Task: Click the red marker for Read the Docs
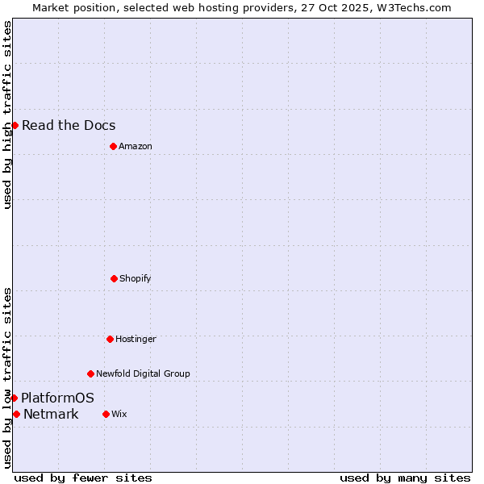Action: coord(15,125)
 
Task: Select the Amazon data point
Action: coord(113,146)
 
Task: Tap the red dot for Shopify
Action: coord(114,278)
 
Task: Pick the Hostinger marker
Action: coord(110,339)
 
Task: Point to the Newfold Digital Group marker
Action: coord(90,373)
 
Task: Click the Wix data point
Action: coord(106,414)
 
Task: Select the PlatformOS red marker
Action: coord(14,398)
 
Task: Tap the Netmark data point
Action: coord(16,414)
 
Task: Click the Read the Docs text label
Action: coord(69,125)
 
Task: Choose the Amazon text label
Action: coord(136,146)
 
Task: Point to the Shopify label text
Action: coord(136,278)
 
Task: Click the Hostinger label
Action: coord(136,339)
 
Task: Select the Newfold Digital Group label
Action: coord(143,373)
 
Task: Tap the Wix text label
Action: coord(119,414)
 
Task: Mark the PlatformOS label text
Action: coord(57,398)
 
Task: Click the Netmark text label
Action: coord(51,415)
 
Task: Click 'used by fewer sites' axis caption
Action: coord(83,478)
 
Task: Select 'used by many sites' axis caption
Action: coord(405,478)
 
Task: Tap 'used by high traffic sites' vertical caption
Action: coord(7,115)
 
